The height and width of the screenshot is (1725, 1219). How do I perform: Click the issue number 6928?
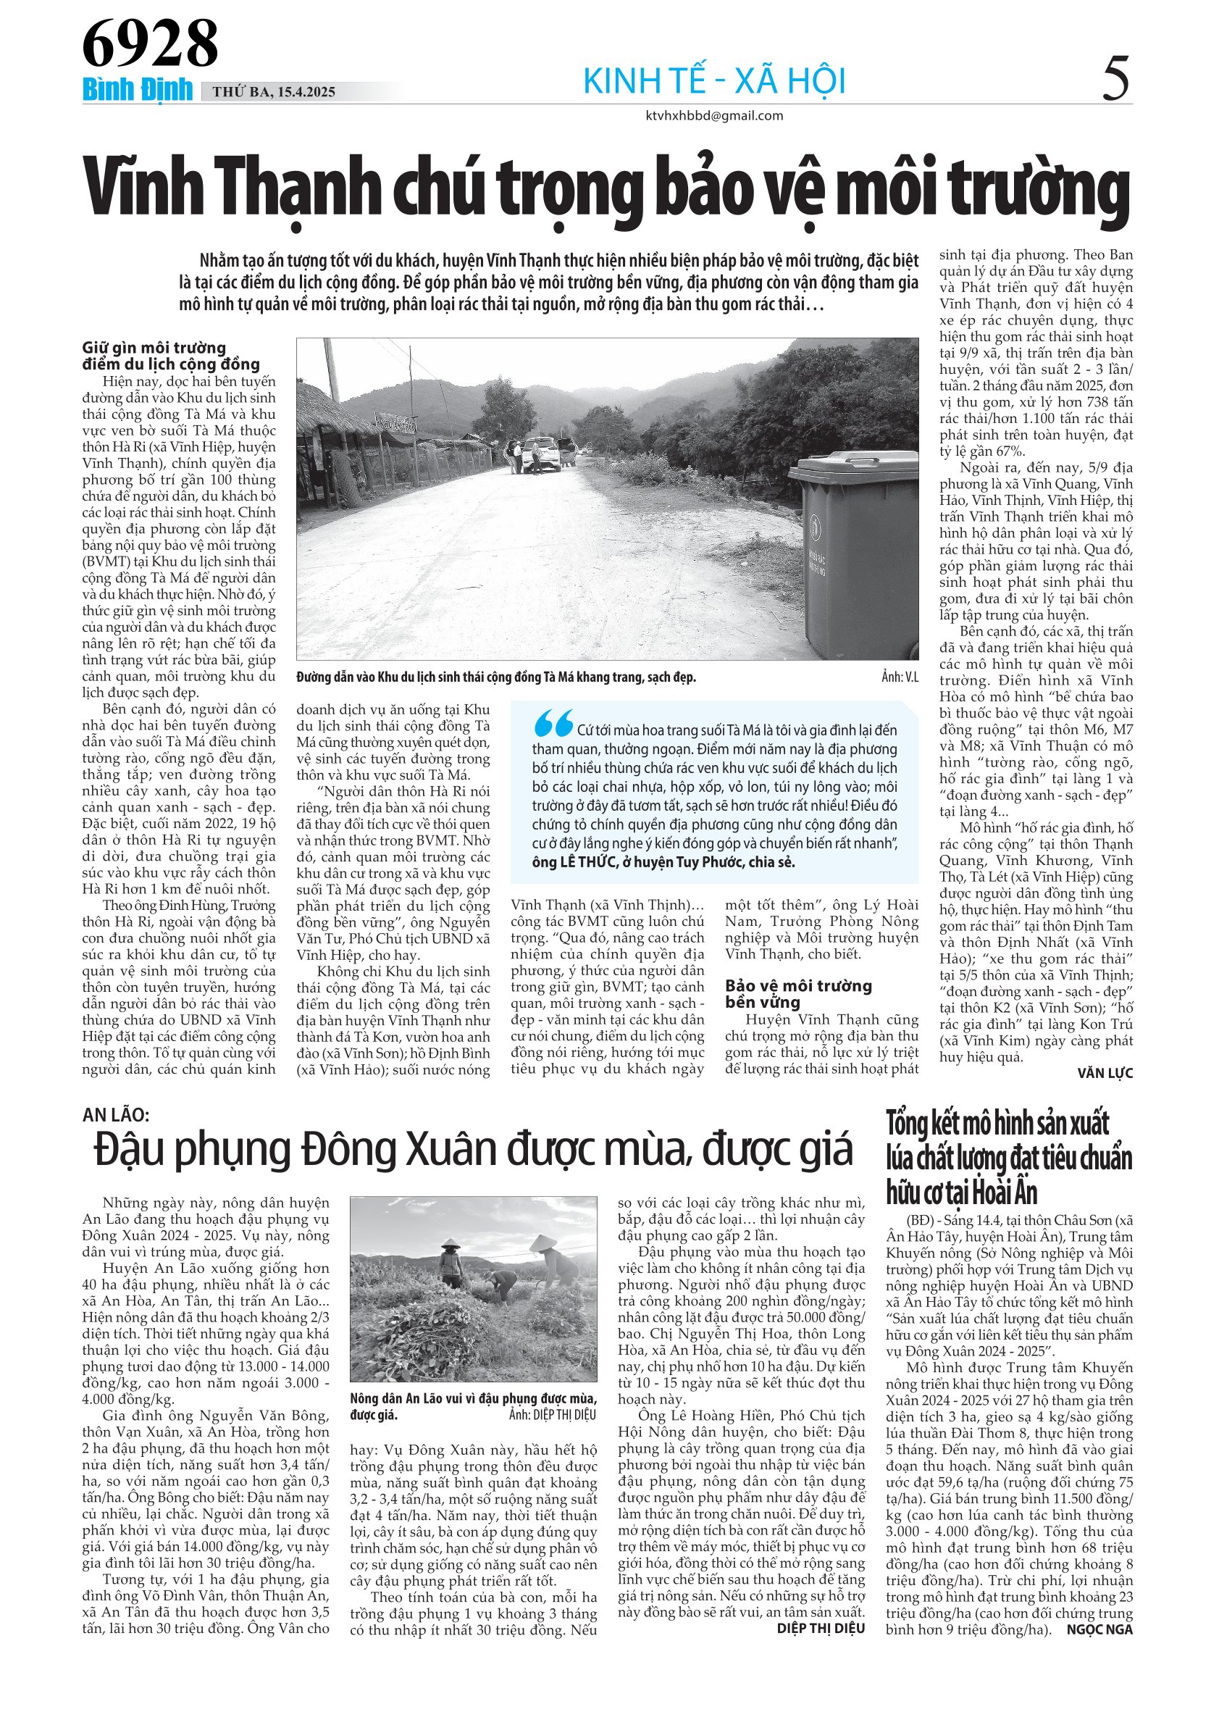coord(149,43)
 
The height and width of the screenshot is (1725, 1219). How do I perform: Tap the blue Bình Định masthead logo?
coord(138,90)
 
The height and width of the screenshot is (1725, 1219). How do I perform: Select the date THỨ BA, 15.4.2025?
coord(273,93)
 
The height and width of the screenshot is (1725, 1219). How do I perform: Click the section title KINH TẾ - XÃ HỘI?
coord(714,81)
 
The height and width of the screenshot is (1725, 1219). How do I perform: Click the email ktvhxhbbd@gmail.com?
coord(714,116)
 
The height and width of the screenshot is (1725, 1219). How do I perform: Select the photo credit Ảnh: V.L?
coord(899,677)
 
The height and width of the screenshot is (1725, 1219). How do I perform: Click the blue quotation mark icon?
coord(553,724)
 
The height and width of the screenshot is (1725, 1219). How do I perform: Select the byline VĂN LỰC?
coord(1104,1073)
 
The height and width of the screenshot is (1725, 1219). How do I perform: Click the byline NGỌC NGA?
coord(1099,1629)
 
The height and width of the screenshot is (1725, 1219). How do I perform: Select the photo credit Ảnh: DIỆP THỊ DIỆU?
coord(552,1416)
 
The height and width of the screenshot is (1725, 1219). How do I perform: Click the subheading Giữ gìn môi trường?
coord(154,348)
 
